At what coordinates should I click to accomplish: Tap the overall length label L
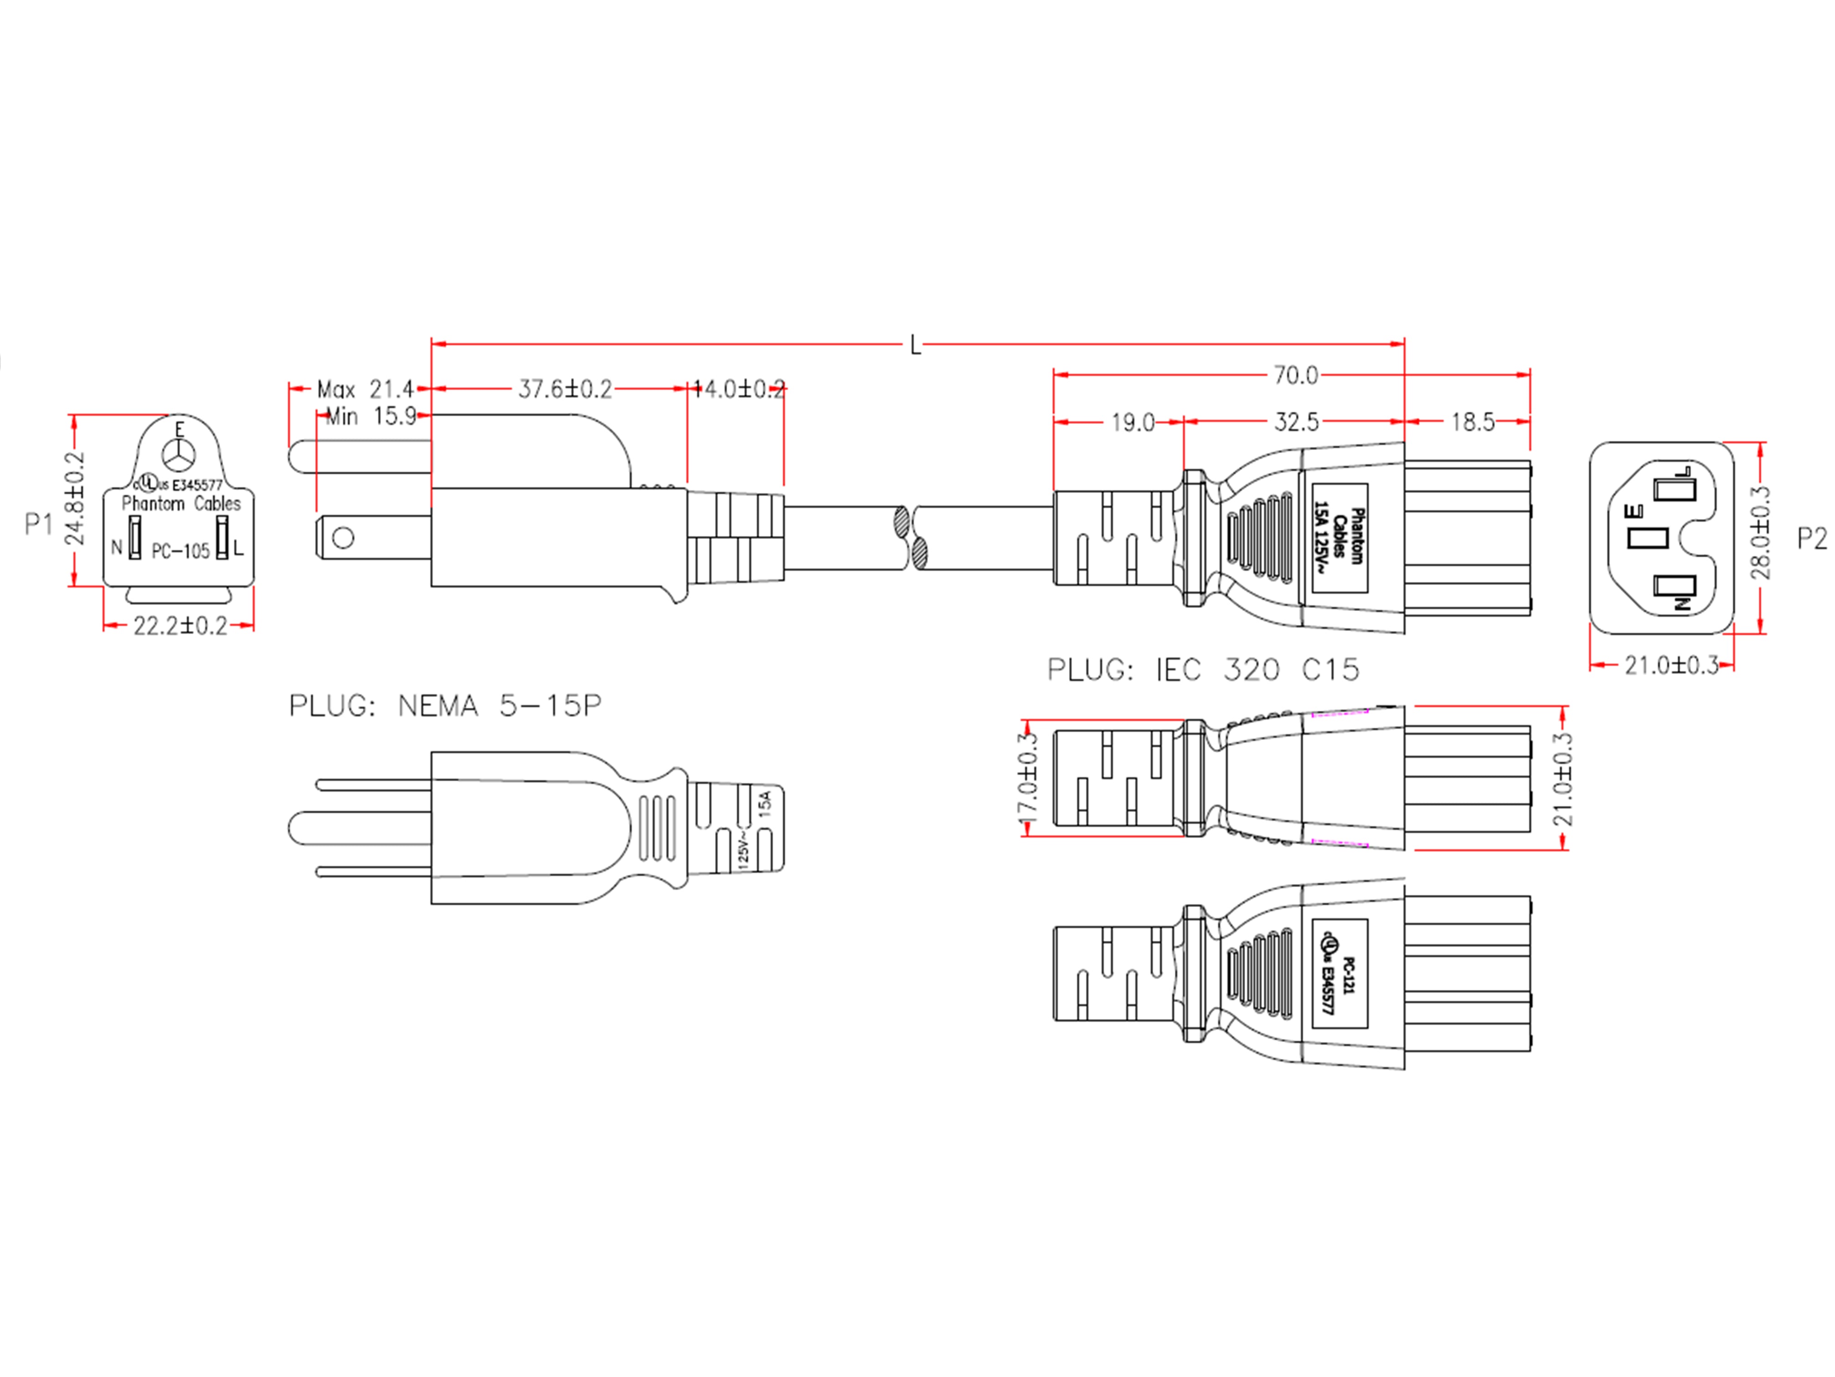pyautogui.click(x=915, y=345)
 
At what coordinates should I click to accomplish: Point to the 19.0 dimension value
pyautogui.click(x=1133, y=423)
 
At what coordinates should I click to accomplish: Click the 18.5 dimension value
pyautogui.click(x=1472, y=423)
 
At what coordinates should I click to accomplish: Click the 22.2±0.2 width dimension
pyautogui.click(x=180, y=626)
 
